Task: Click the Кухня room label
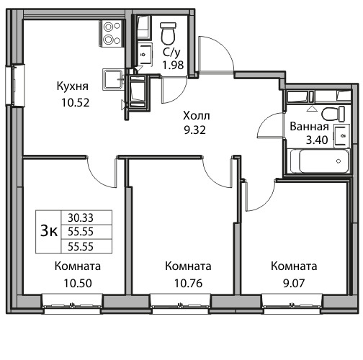[x=73, y=86]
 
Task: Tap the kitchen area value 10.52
[x=76, y=102]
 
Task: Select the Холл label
[x=197, y=116]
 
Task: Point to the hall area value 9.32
[x=194, y=130]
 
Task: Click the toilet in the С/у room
[x=168, y=33]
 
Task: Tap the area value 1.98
[x=173, y=65]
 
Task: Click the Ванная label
[x=309, y=127]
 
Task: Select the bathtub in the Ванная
[x=319, y=161]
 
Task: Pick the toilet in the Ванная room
[x=333, y=114]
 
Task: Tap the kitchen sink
[x=113, y=79]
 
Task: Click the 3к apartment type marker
[x=49, y=231]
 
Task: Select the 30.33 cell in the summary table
[x=81, y=218]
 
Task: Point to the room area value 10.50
[x=78, y=283]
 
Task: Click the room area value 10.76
[x=189, y=283]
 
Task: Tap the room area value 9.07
[x=294, y=283]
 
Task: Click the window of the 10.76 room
[x=181, y=304]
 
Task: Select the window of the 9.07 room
[x=292, y=304]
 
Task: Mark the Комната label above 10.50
[x=78, y=266]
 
